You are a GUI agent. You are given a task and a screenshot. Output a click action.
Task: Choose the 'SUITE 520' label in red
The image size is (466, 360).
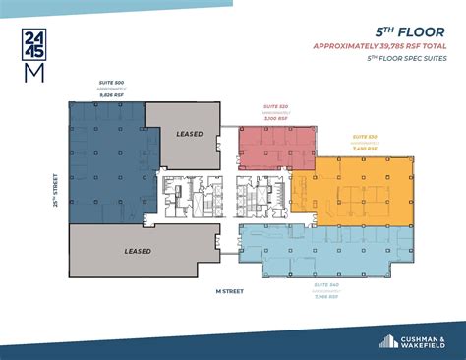pyautogui.click(x=274, y=105)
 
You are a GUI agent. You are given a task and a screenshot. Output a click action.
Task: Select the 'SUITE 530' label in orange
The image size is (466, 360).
pyautogui.click(x=365, y=137)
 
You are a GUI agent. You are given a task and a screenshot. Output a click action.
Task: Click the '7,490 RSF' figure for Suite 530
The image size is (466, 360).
pyautogui.click(x=365, y=148)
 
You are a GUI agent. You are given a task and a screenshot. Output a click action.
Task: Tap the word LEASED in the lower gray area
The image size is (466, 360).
pyautogui.click(x=138, y=251)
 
